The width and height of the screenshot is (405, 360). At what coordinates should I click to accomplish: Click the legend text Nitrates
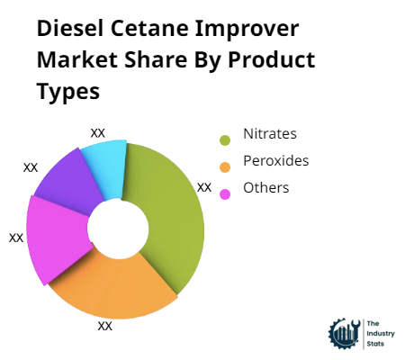[x=269, y=134]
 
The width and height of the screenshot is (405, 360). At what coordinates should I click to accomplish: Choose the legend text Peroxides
[x=275, y=161]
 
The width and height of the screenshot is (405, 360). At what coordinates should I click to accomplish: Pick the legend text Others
[x=265, y=187]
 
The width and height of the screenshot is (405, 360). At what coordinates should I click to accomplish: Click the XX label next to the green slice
[x=204, y=187]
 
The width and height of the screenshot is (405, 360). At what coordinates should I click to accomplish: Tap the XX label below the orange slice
[x=104, y=326]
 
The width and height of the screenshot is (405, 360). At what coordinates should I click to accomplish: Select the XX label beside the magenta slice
[x=16, y=238]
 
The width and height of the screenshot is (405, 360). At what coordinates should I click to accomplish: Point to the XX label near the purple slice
[x=31, y=167]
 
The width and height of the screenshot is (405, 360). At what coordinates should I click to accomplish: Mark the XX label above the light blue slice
[x=98, y=132]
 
